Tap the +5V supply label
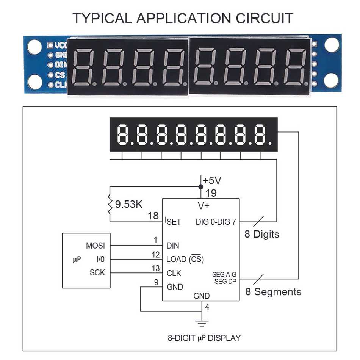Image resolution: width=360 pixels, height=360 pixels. [x=212, y=180]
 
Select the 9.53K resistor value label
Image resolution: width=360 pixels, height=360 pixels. [x=129, y=205]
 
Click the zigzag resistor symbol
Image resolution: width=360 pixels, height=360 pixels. [x=110, y=205]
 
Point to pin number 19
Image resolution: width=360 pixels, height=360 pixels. [x=211, y=193]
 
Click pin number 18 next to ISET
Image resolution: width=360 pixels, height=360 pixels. [x=153, y=216]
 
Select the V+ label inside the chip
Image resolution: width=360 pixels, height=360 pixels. [x=204, y=206]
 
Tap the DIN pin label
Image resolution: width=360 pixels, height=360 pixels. [x=173, y=246]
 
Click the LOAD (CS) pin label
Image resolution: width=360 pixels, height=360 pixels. [x=185, y=260]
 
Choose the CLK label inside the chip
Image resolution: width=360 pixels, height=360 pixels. [x=174, y=273]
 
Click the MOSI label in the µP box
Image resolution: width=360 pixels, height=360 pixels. [x=95, y=246]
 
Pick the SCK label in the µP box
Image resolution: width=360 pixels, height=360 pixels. [x=97, y=272]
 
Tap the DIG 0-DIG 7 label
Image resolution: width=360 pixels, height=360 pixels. [x=216, y=222]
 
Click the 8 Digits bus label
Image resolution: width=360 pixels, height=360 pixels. [x=261, y=234]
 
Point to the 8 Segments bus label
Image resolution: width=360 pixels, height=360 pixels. [x=273, y=292]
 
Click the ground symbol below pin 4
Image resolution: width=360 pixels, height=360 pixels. [x=201, y=323]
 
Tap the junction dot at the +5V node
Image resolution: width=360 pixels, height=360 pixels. [x=201, y=186]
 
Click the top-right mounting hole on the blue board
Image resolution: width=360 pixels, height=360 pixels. [x=331, y=45]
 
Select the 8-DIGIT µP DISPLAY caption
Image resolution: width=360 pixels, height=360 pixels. [x=204, y=338]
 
